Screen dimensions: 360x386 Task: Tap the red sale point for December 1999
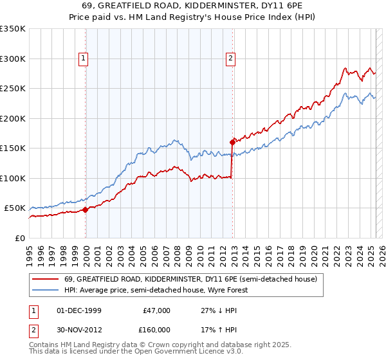tap(86, 210)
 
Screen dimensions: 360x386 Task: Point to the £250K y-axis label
tap(13, 89)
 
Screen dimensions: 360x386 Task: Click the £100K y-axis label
tap(13, 178)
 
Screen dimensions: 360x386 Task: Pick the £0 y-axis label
tap(20, 238)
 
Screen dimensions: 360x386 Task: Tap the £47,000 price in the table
tap(156, 310)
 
